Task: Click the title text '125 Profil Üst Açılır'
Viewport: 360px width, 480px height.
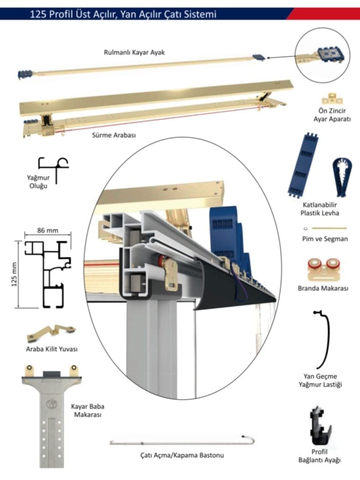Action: click(x=76, y=14)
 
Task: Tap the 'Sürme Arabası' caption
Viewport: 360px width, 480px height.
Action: click(x=113, y=135)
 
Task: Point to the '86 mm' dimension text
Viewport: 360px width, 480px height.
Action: click(x=47, y=231)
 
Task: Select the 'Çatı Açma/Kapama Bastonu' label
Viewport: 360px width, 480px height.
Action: click(x=182, y=455)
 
